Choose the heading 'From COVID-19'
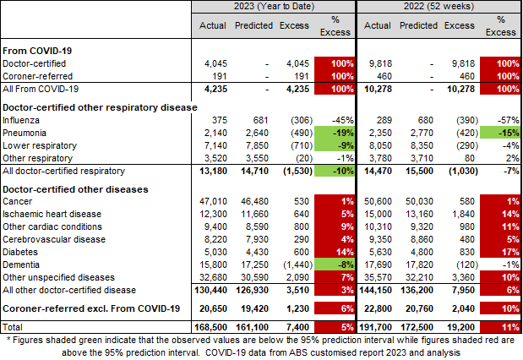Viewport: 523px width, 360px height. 36,50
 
